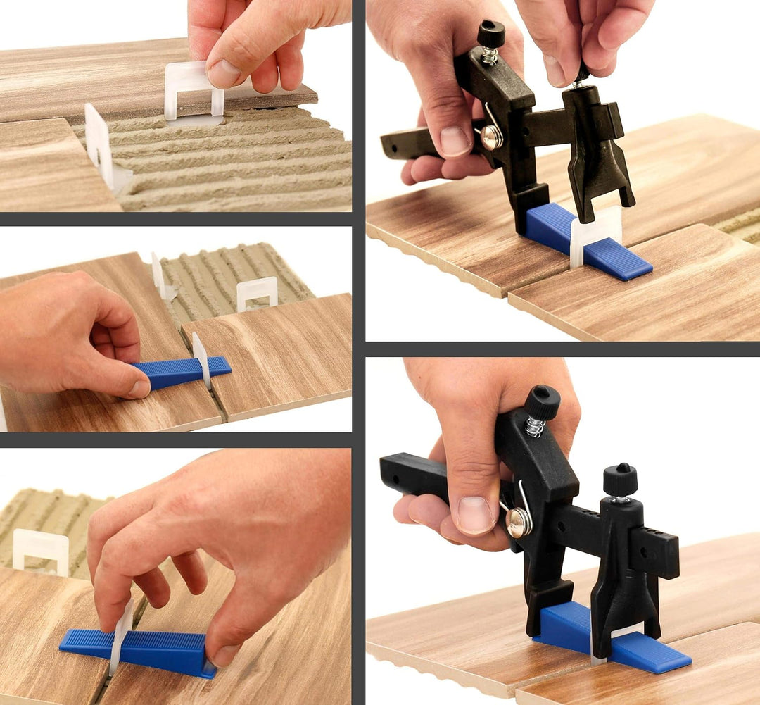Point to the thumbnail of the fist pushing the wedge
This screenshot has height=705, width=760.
139,389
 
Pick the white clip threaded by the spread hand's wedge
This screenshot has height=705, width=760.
121,635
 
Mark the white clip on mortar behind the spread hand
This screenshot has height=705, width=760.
41,550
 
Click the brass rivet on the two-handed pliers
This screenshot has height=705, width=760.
492,137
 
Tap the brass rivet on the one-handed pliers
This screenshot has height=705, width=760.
519,521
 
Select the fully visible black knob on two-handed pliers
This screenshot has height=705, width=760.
490,33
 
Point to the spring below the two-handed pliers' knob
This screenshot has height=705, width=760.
490,55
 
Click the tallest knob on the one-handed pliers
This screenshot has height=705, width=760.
543,402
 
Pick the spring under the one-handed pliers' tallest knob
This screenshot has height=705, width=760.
536,426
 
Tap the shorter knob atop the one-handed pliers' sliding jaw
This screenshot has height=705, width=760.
620,480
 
